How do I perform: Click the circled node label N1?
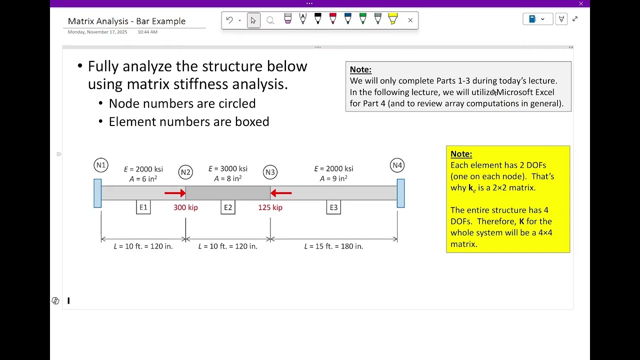click(101, 165)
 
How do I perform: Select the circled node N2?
click(185, 172)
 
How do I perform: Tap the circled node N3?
click(270, 172)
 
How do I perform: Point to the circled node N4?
click(397, 165)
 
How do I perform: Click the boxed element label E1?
click(143, 207)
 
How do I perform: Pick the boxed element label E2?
click(228, 207)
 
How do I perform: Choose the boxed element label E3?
click(333, 207)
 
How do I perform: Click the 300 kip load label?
click(185, 207)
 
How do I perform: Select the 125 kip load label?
click(270, 207)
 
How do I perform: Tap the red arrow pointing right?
click(175, 193)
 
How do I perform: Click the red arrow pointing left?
click(281, 193)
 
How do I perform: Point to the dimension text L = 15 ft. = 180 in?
click(333, 246)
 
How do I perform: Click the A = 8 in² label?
click(228, 178)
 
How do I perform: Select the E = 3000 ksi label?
click(228, 168)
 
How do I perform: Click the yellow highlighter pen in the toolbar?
click(393, 19)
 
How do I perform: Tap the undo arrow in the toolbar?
click(229, 20)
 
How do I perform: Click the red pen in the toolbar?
click(333, 18)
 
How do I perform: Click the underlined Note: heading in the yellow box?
click(461, 154)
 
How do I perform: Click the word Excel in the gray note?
click(544, 92)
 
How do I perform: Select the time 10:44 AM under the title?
click(147, 32)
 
